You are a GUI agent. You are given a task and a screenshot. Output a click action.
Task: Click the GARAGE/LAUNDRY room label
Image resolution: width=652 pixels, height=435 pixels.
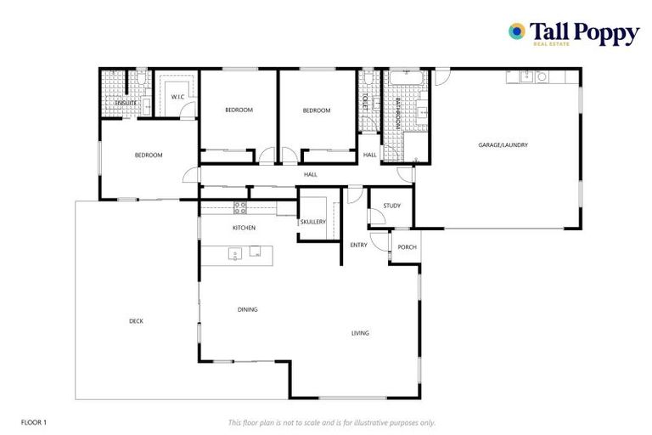[503, 145]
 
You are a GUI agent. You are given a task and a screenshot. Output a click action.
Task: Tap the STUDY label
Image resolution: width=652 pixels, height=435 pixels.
[391, 206]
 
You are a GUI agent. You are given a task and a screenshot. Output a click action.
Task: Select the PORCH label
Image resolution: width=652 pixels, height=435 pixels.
[407, 247]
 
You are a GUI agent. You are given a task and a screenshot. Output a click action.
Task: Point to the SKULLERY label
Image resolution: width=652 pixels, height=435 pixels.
[312, 222]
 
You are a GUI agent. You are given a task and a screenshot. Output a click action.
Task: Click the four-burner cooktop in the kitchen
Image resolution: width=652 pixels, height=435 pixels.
[240, 206]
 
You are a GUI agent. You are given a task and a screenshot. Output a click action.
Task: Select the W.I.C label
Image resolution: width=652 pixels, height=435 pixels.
[177, 97]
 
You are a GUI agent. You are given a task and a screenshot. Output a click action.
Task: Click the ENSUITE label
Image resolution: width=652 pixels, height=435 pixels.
[126, 103]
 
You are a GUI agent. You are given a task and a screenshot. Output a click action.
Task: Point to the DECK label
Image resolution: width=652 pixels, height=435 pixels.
[136, 320]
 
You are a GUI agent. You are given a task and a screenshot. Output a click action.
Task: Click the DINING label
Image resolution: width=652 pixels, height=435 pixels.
[247, 309]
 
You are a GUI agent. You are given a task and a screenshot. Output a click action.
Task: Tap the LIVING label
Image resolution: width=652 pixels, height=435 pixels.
[360, 333]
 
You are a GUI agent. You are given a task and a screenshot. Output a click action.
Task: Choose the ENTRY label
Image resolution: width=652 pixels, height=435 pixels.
[358, 245]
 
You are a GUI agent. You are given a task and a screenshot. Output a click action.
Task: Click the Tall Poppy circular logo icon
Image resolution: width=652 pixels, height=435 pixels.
[516, 31]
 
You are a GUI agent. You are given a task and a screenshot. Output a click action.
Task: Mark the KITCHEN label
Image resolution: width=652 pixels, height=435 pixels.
[244, 228]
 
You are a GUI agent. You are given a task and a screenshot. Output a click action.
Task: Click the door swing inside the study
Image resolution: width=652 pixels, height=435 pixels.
[374, 217]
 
